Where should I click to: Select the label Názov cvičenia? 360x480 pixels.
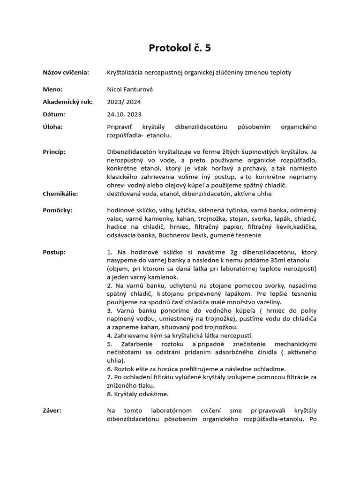pos(66,73)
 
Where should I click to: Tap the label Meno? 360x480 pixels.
pos(52,90)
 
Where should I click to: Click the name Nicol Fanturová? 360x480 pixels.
pos(130,90)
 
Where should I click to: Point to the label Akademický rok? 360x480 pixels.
pos(68,102)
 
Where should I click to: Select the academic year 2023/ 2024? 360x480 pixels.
pos(124,102)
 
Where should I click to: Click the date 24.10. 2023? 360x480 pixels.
pos(124,114)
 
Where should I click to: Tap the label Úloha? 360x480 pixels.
pos(53,127)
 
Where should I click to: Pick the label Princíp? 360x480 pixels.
pos(54,152)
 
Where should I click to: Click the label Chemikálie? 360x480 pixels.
pos(60,194)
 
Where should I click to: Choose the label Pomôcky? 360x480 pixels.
pos(58,210)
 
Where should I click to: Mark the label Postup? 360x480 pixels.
pos(54,252)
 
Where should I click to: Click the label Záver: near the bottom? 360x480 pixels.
pos(52,411)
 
